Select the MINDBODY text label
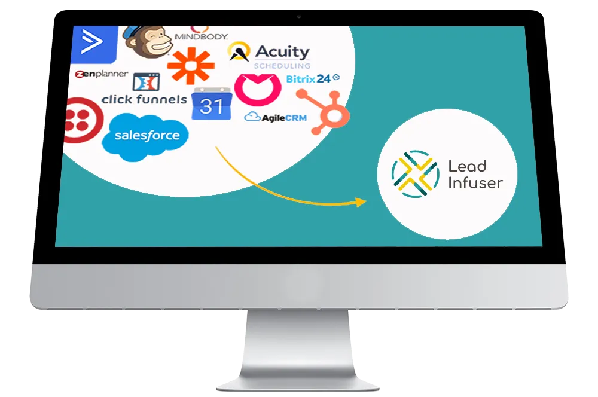200,36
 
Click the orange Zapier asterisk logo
191,65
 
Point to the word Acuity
282,52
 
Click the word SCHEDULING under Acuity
282,66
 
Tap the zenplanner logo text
101,75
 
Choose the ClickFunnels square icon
145,81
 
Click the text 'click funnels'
144,99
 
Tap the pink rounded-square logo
258,88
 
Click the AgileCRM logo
276,117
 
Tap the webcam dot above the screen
299,16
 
